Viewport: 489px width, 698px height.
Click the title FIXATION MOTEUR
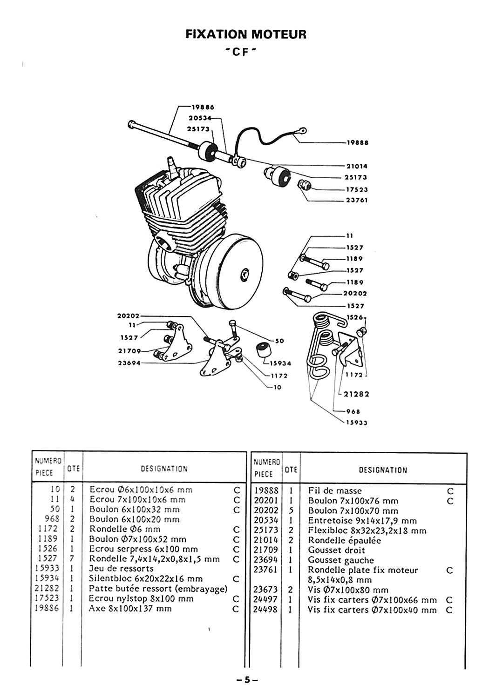point(246,34)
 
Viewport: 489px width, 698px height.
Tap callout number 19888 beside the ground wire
point(358,143)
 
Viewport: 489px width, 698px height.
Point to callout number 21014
point(357,166)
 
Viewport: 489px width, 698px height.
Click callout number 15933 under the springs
point(357,423)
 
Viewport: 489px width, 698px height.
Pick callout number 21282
point(357,394)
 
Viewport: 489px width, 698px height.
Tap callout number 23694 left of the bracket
point(129,363)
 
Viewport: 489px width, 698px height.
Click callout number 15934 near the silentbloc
point(281,363)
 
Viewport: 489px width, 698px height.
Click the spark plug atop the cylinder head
point(172,164)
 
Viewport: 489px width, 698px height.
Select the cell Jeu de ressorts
point(121,569)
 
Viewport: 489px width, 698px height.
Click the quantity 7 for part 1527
point(73,558)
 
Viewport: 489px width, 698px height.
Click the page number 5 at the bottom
point(247,680)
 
